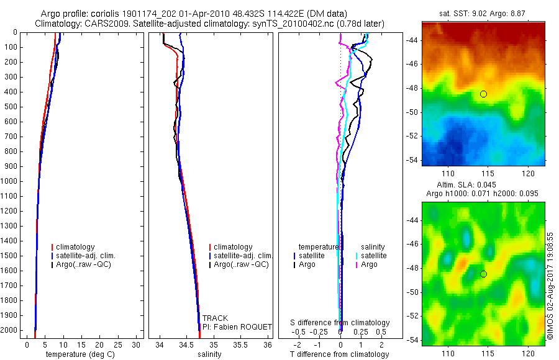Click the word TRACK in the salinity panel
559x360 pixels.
215,318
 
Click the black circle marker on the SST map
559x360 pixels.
483,94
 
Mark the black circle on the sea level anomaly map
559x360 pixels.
483,274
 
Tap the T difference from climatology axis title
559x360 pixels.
340,354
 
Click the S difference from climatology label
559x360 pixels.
340,323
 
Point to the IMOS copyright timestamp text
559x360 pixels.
550,286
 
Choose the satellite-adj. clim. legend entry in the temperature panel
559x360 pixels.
86,256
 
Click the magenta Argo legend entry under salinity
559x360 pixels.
369,264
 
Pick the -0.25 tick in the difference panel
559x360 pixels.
320,331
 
